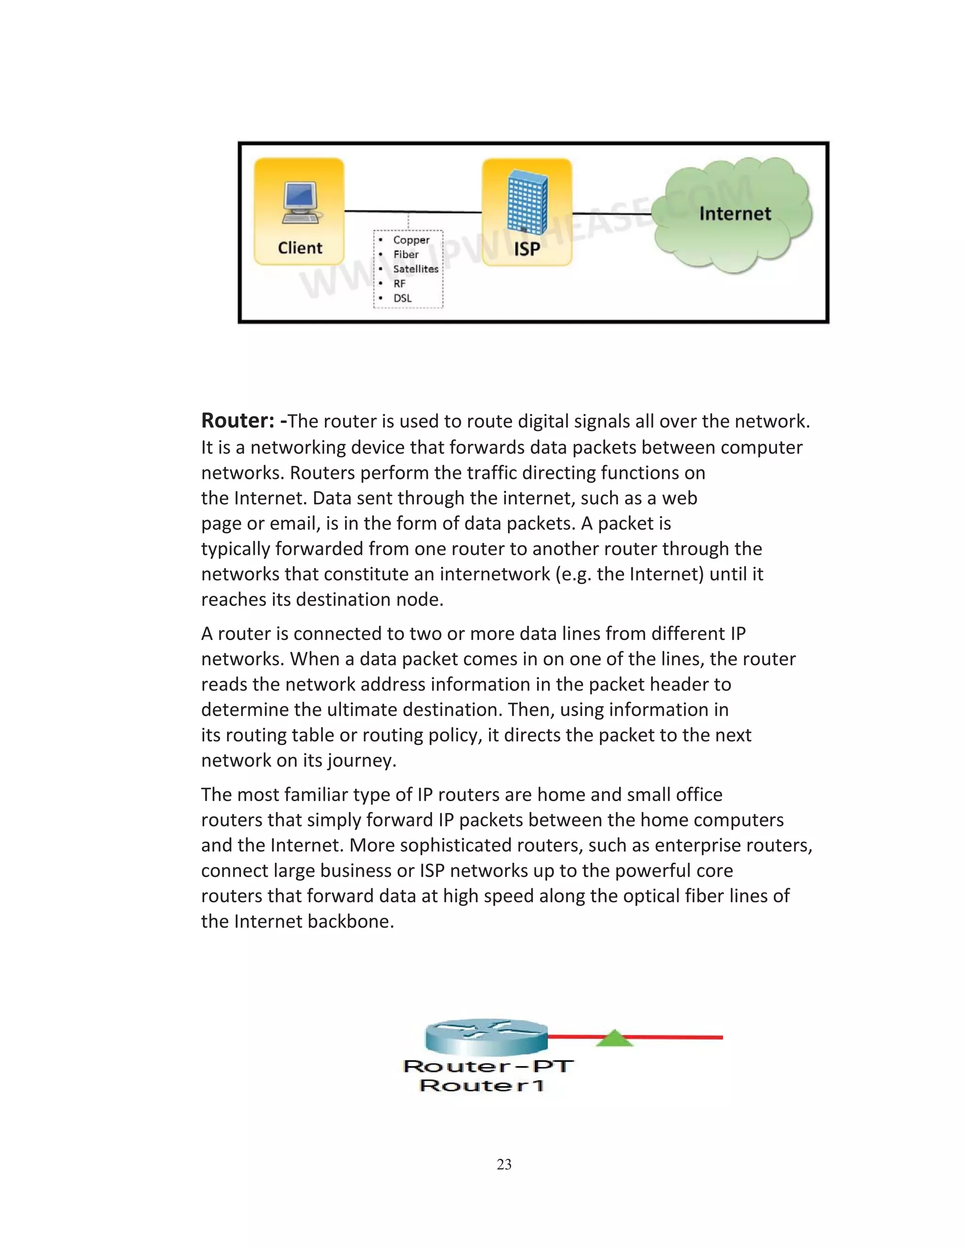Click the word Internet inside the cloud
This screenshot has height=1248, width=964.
(x=735, y=214)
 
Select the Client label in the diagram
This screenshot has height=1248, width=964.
(x=300, y=248)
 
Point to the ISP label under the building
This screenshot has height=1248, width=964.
(x=527, y=249)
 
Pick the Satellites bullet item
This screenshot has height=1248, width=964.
(x=415, y=269)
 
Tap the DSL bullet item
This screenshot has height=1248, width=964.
(x=402, y=298)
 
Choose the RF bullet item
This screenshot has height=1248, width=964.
(x=399, y=284)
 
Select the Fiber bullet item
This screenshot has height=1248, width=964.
(x=405, y=254)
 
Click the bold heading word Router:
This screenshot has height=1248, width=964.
(x=238, y=421)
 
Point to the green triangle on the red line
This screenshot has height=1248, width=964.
(x=614, y=1038)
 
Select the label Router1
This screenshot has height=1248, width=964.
(x=482, y=1086)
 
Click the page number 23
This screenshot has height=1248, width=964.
(x=504, y=1165)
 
